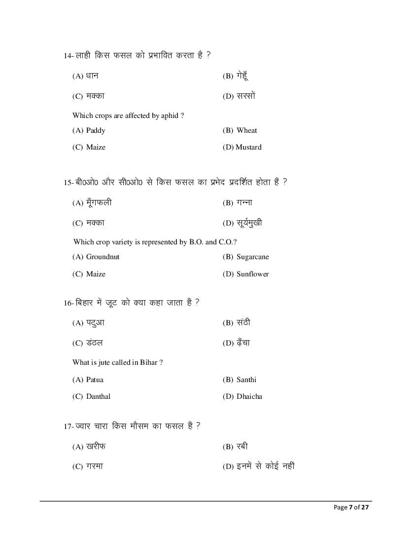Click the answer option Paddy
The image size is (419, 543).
point(95,130)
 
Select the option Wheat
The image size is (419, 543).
point(246,130)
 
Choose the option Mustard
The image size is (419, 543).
point(248,147)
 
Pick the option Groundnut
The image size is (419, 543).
point(103,257)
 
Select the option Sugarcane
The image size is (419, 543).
point(252,257)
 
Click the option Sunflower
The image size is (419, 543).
point(252,274)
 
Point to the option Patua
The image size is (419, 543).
point(95,380)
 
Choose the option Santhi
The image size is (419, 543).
point(246,380)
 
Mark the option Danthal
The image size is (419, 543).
point(98,396)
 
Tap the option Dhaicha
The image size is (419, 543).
point(249,396)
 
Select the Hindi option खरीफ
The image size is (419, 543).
point(96,447)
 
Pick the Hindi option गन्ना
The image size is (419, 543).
point(244,202)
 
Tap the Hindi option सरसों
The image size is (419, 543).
point(245,96)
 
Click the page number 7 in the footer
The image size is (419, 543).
point(350,507)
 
